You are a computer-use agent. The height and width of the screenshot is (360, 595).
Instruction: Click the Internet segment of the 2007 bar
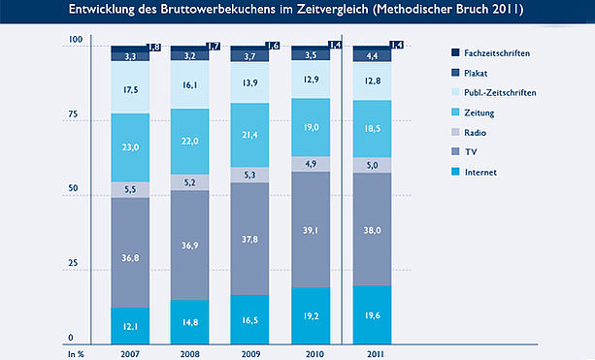coord(130,326)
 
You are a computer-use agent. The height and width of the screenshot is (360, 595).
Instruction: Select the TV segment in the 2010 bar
coord(311,230)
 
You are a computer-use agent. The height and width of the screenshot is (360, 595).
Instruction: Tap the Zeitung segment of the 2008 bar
coord(189,142)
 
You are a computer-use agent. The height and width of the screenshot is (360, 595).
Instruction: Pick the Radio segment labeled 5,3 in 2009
coord(249,175)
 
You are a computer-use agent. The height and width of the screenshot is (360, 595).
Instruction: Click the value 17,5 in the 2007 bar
coord(130,90)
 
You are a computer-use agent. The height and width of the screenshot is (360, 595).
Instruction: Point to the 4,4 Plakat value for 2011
coord(372,56)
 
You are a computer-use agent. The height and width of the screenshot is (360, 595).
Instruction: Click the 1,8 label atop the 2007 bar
coord(153,48)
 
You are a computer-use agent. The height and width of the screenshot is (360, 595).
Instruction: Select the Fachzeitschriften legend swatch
coord(455,52)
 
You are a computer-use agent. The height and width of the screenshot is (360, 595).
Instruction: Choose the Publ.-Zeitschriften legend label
coord(500,92)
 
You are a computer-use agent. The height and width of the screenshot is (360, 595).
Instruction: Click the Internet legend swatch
coord(455,172)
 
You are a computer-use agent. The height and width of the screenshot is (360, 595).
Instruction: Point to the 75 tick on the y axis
coord(73,114)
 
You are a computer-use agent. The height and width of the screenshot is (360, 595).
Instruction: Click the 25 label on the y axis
coord(73,263)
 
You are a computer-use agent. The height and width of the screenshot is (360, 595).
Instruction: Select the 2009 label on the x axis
coord(250,354)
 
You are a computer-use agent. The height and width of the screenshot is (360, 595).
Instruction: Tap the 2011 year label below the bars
coord(376,354)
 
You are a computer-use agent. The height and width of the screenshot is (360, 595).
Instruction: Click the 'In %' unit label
coord(76,354)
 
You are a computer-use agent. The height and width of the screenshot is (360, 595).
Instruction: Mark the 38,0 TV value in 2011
coord(372,230)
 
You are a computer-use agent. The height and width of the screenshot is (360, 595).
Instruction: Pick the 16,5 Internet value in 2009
coord(249,320)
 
